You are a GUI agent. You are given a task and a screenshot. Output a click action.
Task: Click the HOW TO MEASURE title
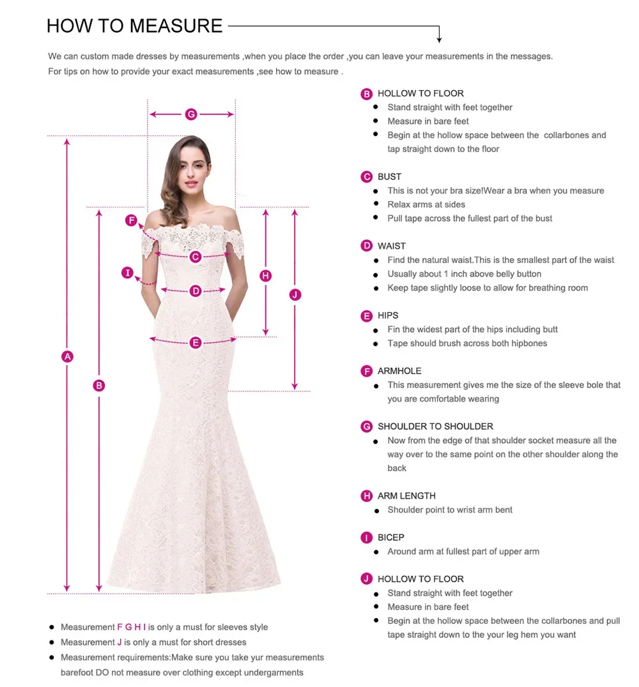point(135,26)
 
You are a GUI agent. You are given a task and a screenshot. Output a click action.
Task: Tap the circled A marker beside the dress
point(67,357)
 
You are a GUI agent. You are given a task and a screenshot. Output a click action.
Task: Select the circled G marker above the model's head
point(191,114)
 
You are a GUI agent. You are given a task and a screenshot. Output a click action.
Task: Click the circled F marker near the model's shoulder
point(131,221)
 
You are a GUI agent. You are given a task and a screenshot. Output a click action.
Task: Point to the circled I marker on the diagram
point(128,273)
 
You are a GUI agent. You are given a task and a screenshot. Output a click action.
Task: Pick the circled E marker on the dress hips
point(196,343)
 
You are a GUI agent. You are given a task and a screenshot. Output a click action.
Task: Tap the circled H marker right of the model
point(266,276)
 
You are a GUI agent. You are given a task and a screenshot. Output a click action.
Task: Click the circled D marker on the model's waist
point(196,291)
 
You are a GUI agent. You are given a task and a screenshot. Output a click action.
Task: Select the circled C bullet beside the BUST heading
point(367,177)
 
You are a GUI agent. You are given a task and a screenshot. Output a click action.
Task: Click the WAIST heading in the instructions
point(392,246)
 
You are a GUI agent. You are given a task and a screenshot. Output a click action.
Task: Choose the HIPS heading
point(388,315)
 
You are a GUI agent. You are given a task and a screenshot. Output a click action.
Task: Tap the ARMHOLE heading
point(399,371)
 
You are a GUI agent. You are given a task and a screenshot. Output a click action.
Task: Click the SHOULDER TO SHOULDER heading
point(435,427)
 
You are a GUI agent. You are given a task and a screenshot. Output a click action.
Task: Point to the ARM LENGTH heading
point(406,496)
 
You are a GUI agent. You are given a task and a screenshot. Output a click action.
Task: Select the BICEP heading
point(391,538)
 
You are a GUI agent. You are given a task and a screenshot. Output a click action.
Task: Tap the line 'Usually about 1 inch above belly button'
point(465,274)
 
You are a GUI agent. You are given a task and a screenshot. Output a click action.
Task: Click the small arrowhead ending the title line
point(439,40)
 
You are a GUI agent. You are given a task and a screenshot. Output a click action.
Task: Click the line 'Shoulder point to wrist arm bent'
point(450,510)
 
